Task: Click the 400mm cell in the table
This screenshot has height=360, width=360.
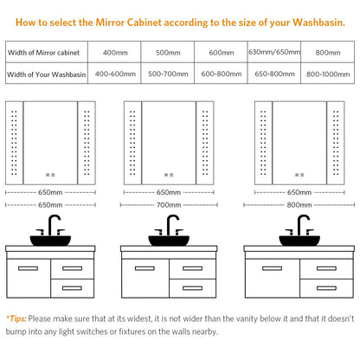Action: (x=115, y=53)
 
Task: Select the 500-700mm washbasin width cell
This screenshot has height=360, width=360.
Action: (x=168, y=74)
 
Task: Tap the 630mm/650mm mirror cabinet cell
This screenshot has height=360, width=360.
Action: (x=274, y=52)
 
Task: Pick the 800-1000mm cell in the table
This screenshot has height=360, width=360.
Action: (x=328, y=74)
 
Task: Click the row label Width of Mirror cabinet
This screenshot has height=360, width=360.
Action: (x=43, y=53)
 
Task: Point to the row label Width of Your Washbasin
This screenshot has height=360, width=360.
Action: (x=47, y=74)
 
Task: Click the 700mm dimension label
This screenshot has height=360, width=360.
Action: (x=169, y=205)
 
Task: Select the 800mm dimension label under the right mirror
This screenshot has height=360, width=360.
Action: (x=299, y=205)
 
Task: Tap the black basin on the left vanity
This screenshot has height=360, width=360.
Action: (x=50, y=241)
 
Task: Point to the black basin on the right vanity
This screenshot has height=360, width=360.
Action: (x=299, y=241)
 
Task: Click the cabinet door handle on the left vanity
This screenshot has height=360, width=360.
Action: (x=28, y=268)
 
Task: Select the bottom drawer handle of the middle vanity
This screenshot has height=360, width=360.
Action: (x=192, y=288)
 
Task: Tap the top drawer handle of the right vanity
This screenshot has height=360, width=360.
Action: (x=326, y=268)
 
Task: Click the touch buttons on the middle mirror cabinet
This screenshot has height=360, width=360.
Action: (x=169, y=175)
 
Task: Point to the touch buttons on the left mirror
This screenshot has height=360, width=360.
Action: (x=50, y=175)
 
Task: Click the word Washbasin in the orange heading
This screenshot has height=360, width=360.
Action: (x=318, y=22)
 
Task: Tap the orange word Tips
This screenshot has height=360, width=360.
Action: (x=17, y=318)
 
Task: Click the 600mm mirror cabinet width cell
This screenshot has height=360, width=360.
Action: (x=222, y=53)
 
